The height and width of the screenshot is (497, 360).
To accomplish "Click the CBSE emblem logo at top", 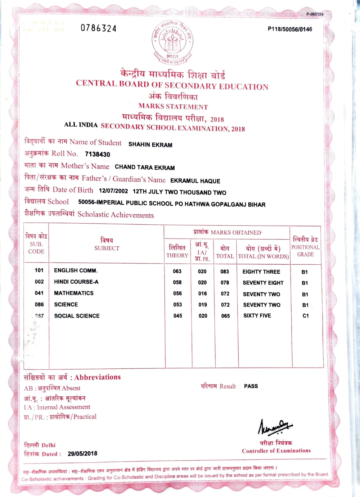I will [x=172, y=42].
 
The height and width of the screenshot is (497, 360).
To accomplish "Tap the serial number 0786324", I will [x=98, y=28].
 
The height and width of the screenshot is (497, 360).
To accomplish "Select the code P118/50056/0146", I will [x=290, y=29].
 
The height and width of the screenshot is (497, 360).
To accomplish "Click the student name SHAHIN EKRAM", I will [x=150, y=145].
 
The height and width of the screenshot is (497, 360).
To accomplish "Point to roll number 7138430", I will [x=97, y=154].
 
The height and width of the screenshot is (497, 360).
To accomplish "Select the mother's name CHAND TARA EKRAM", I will [x=145, y=167].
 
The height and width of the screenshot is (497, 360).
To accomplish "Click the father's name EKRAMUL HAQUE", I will [x=195, y=181].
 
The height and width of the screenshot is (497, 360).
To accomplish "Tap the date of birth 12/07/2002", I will [x=113, y=191].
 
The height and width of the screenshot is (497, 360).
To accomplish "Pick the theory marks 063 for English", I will [x=177, y=271].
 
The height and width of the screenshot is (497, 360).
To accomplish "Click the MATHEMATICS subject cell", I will [x=74, y=293].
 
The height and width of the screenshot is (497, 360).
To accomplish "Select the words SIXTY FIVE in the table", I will [x=257, y=316].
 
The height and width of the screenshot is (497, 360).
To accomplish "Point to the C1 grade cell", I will [x=305, y=316].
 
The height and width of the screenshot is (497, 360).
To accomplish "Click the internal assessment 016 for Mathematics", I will [x=202, y=294].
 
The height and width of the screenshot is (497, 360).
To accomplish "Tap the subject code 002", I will [x=39, y=282].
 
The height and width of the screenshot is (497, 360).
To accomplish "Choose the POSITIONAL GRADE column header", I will [x=305, y=247].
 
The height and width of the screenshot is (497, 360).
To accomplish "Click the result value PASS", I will [x=251, y=386].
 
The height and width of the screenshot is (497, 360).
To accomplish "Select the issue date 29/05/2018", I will [x=82, y=454].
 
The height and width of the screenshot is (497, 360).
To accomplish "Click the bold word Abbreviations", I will [x=97, y=377].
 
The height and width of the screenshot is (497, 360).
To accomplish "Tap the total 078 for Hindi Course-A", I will [x=225, y=283].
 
